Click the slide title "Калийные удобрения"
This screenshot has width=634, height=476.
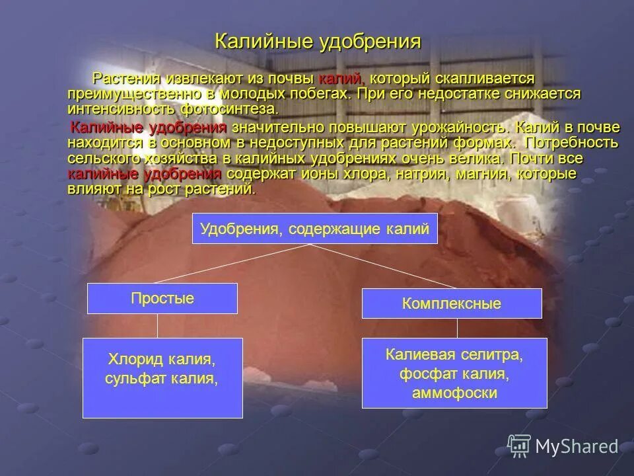(318, 42)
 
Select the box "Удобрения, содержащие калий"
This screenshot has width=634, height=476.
(314, 229)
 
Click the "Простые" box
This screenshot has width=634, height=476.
(162, 298)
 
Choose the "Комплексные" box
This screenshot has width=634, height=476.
(452, 303)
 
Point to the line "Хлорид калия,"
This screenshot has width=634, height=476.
(162, 360)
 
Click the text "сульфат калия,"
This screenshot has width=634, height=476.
(162, 379)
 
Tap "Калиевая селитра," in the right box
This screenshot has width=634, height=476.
(454, 356)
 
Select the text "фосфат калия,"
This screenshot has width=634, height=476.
(454, 374)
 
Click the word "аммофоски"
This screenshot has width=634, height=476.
(454, 393)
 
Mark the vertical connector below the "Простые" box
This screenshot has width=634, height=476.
(157, 325)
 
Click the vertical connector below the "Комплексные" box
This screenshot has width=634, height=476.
(457, 328)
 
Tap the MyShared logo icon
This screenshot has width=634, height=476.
(519, 446)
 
